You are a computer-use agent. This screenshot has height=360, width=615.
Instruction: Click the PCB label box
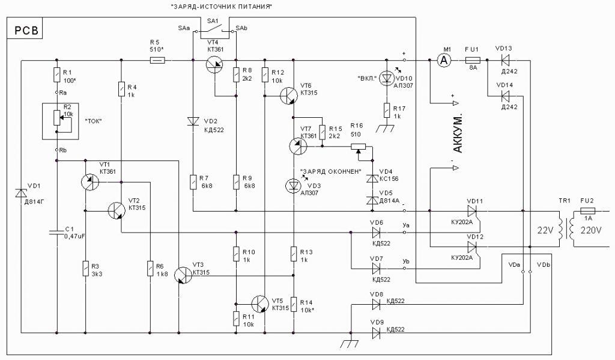(23, 31)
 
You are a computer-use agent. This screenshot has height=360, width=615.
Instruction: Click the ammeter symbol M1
(444, 60)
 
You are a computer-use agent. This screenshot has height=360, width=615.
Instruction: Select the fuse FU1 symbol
(472, 60)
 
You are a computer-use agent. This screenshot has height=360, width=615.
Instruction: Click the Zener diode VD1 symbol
(22, 193)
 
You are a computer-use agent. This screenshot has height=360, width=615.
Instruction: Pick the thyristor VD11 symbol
(471, 212)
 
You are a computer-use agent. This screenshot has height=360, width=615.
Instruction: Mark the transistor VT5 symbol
(260, 304)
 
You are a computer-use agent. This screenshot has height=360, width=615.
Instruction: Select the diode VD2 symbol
(192, 121)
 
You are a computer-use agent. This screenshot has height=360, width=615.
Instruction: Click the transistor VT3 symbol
(182, 275)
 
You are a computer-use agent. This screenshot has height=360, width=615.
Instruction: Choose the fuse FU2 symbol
(587, 212)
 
